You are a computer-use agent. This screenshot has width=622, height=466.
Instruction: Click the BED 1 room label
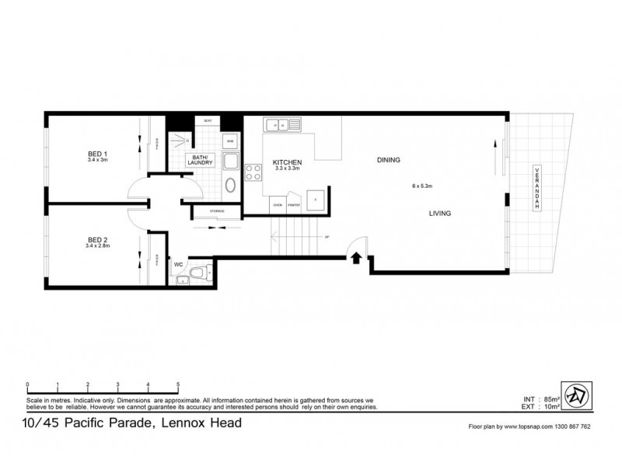point(98,155)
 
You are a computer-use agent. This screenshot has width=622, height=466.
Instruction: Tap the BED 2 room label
point(97,242)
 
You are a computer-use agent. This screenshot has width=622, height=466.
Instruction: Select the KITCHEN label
point(287,162)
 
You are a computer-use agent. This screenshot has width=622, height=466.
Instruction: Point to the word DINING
point(388,160)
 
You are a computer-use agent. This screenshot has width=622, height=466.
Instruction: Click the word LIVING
point(439,213)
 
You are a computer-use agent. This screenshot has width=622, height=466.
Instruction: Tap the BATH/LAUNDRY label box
point(200,160)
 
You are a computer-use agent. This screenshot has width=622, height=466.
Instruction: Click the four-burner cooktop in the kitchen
point(253,173)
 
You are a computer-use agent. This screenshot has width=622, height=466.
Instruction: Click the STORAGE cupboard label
point(217,211)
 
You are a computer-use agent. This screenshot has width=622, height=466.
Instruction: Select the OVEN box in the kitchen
point(277,205)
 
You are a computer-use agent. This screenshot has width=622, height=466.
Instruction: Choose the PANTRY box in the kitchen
point(293,205)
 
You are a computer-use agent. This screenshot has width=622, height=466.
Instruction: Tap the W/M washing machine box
point(230,142)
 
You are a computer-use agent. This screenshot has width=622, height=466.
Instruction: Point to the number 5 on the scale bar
point(178,384)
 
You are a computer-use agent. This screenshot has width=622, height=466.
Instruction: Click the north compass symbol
point(578,393)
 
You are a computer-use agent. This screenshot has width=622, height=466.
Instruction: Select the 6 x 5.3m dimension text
point(422,186)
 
